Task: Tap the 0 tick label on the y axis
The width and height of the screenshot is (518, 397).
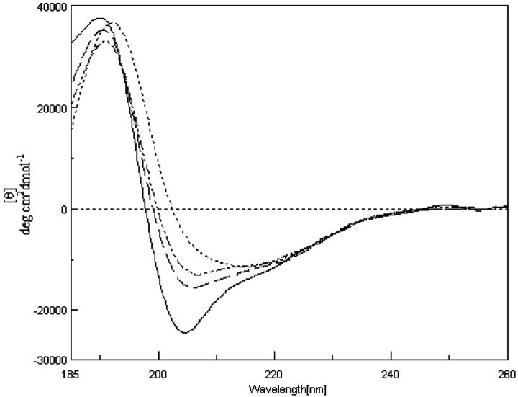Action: tap(63, 209)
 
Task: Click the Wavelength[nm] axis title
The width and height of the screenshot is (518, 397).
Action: tap(288, 390)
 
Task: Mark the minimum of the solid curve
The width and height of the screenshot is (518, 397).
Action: tap(185, 333)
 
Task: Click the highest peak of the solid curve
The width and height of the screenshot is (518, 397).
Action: tap(100, 18)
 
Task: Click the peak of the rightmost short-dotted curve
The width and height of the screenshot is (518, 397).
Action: tap(114, 23)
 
